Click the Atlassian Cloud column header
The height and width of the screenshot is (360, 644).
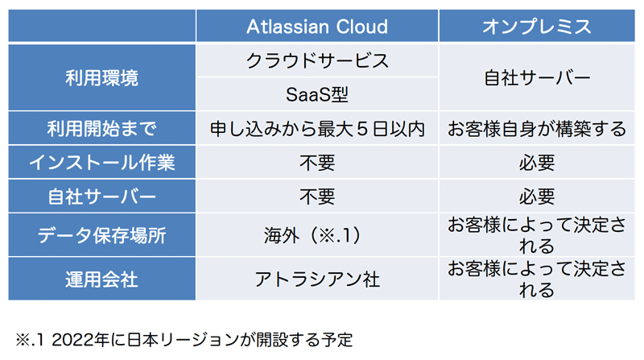point(317,27)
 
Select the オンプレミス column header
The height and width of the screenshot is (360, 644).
point(537,27)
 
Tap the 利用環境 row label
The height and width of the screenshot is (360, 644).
point(102,77)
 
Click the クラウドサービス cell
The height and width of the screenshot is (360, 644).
point(317,61)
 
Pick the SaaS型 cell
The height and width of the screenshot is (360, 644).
point(317,94)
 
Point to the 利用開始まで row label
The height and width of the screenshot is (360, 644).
point(102,129)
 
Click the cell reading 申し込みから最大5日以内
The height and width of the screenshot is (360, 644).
point(317,129)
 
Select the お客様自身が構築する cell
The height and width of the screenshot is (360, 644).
point(537,129)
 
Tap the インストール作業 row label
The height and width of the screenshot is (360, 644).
point(102,163)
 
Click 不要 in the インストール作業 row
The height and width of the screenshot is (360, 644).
point(317,163)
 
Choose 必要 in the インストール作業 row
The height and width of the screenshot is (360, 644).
point(537,163)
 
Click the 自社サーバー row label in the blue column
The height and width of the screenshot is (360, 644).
point(102,197)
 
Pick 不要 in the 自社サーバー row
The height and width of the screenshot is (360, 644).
point(317,197)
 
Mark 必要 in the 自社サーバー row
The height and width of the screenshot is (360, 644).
point(537,197)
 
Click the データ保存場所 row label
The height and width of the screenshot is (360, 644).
point(102,235)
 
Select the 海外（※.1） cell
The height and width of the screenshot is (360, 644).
point(317,235)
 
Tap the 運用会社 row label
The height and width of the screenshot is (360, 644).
point(102,279)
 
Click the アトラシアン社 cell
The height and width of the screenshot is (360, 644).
point(317,279)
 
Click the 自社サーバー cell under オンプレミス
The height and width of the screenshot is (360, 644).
point(537,77)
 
